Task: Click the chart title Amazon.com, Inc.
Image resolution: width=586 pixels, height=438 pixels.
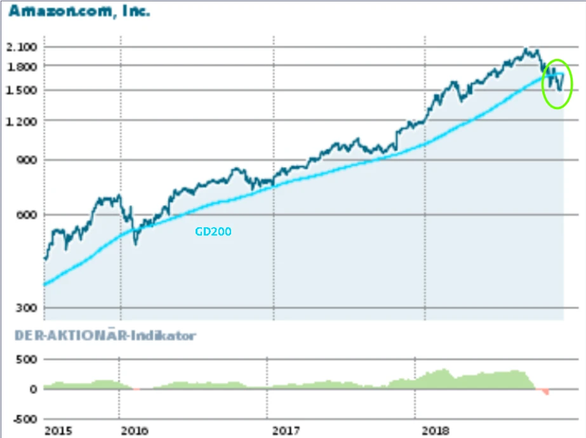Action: [x=79, y=11]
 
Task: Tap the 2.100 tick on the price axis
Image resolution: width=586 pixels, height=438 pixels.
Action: [x=22, y=47]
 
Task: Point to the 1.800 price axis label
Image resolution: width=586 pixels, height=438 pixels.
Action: [x=22, y=66]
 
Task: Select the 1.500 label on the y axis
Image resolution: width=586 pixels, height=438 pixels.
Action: [x=22, y=90]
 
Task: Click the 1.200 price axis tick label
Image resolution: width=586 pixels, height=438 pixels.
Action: [x=22, y=121]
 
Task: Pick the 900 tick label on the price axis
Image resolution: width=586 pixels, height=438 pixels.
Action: [x=27, y=160]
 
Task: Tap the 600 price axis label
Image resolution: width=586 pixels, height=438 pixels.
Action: [x=27, y=215]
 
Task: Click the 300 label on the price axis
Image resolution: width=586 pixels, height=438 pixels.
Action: [x=27, y=308]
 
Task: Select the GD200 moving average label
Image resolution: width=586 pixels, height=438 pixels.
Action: [x=213, y=232]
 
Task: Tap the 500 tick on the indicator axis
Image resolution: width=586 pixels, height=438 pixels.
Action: [x=27, y=359]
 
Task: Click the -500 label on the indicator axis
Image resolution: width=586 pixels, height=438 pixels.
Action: [x=25, y=419]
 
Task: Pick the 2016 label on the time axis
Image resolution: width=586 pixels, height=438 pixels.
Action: [x=134, y=431]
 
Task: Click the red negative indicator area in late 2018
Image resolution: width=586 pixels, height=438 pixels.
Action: [x=545, y=392]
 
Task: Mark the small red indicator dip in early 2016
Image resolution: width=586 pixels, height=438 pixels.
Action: [x=137, y=389]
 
